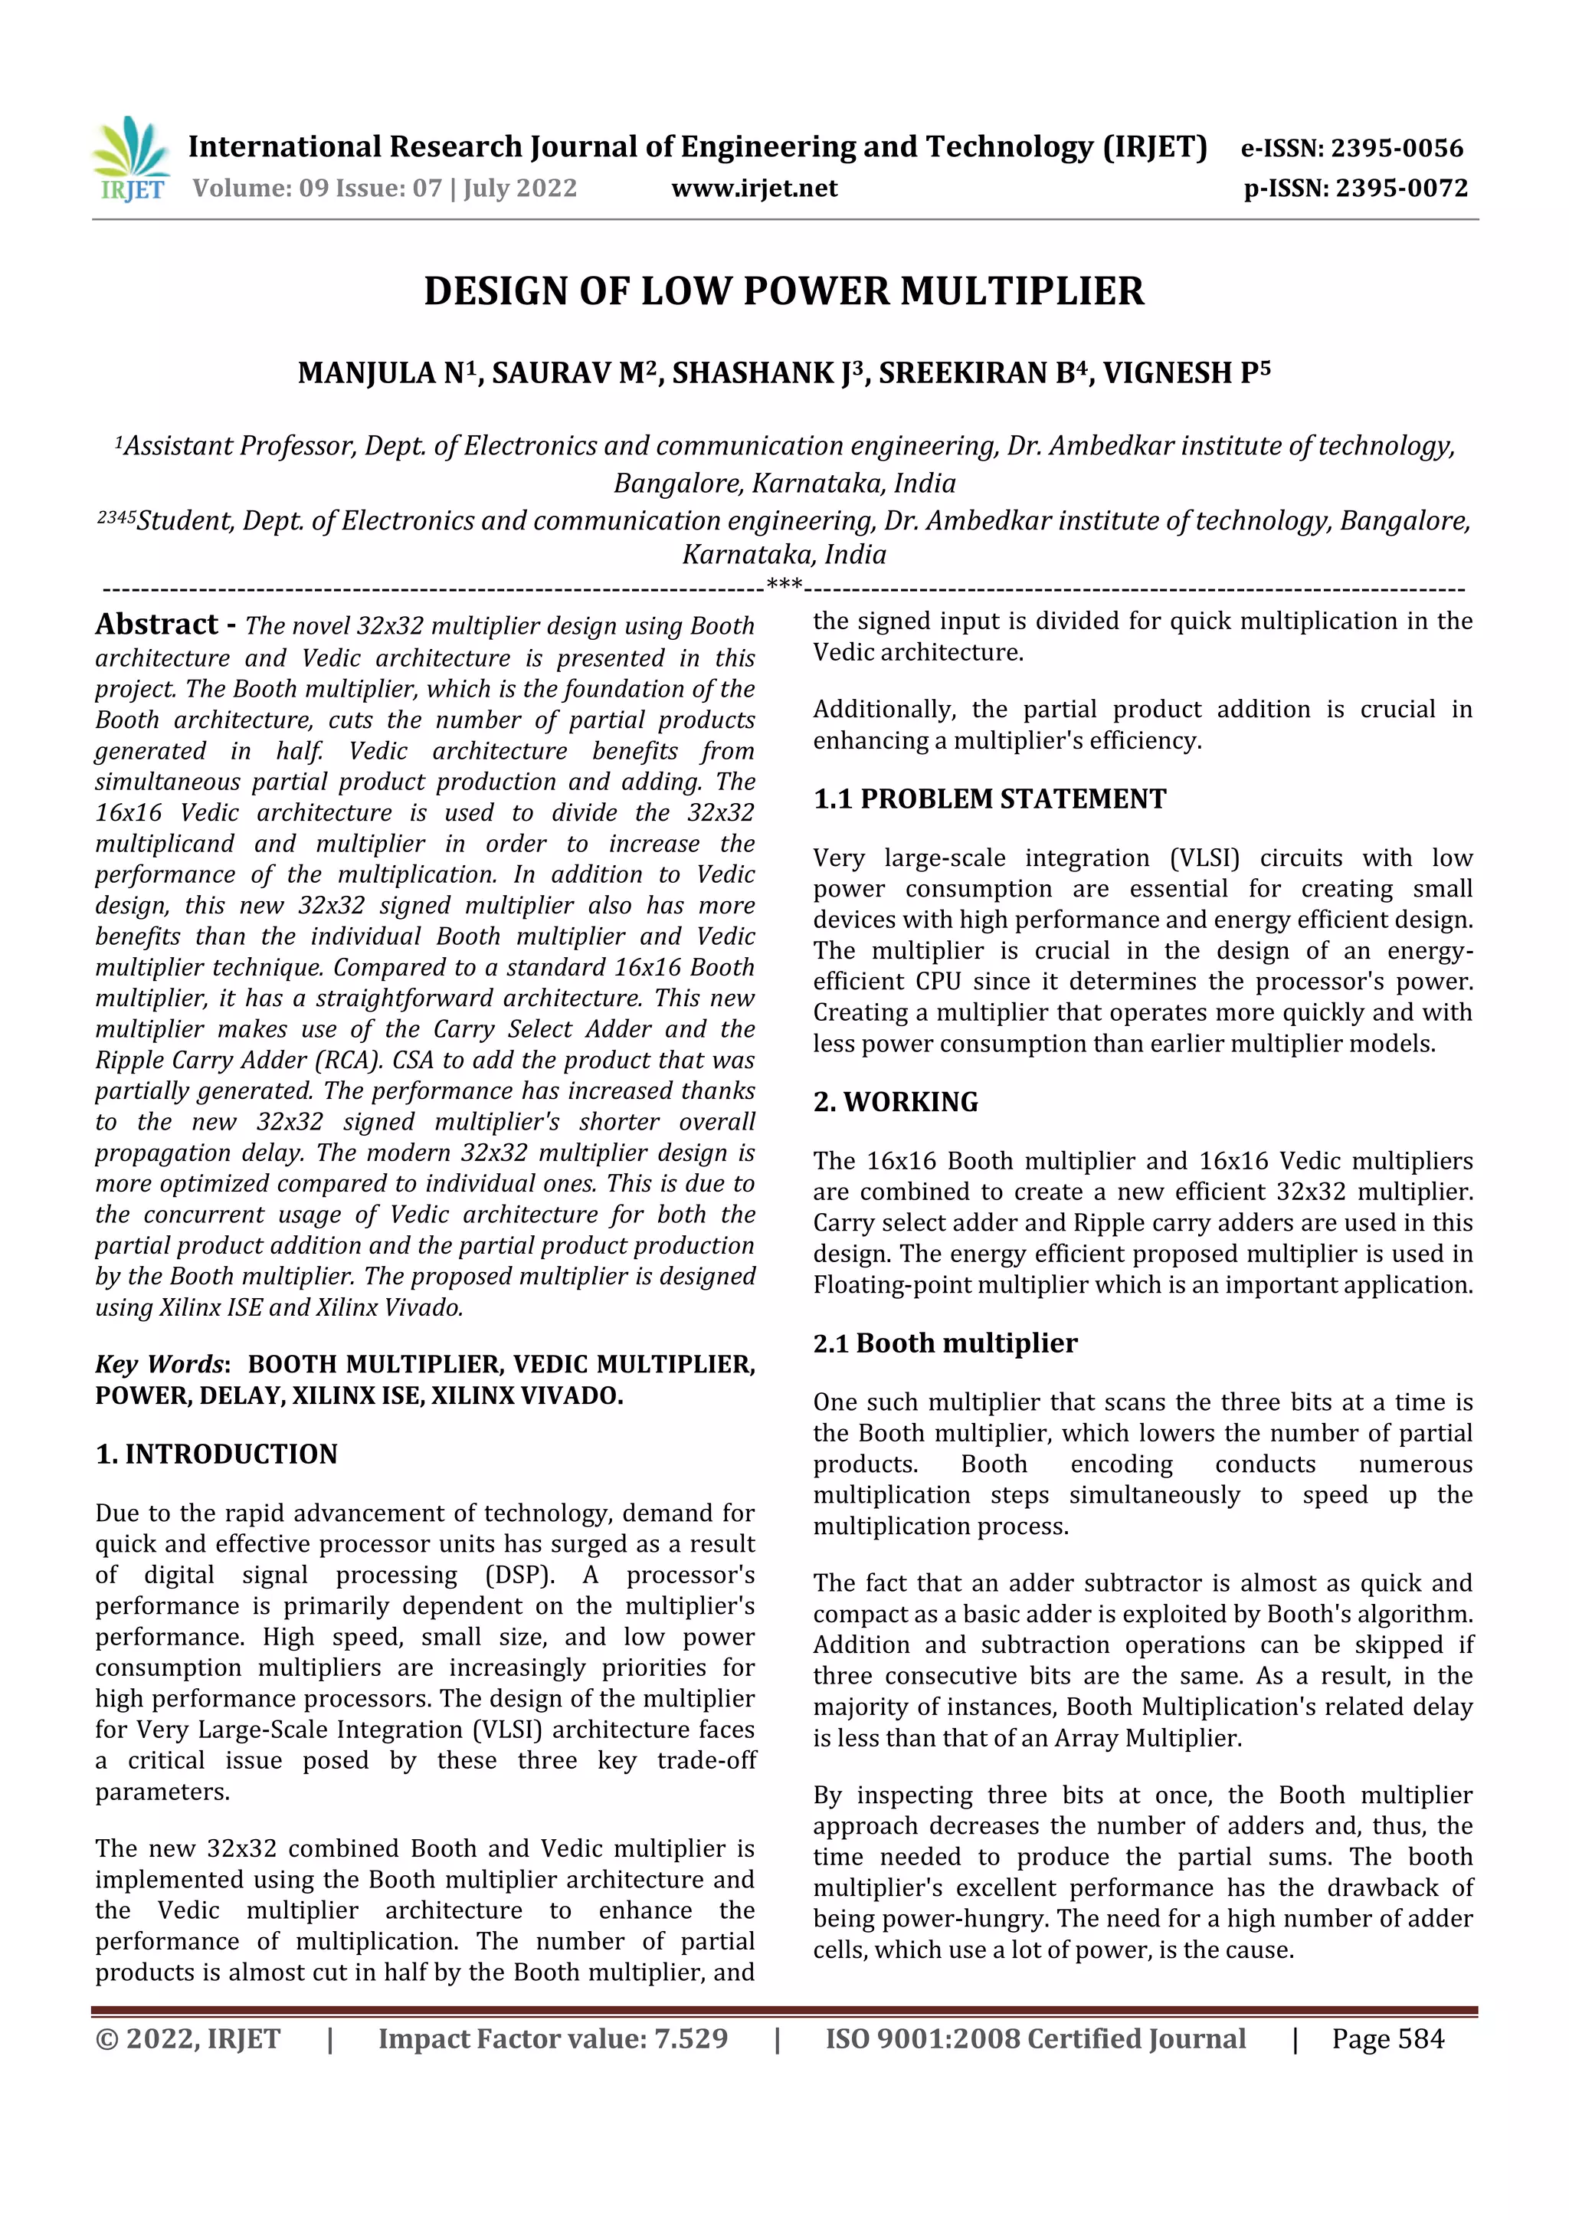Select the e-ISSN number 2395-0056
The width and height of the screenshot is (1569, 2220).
pos(1396,149)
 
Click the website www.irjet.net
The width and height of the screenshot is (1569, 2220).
pos(754,189)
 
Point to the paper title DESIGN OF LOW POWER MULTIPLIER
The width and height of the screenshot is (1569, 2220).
pos(784,292)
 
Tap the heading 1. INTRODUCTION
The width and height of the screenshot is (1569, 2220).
pos(217,1454)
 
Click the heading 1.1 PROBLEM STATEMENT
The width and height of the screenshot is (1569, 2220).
pos(989,798)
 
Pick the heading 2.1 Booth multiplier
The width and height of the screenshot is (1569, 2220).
pos(945,1343)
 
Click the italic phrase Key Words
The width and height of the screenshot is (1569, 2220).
pos(160,1364)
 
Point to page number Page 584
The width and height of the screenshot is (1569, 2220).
pos(1387,2039)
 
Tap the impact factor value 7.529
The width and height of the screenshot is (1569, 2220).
pos(691,2039)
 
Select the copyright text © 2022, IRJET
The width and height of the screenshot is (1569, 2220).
pos(188,2039)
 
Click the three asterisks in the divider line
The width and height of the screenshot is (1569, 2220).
pos(783,585)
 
